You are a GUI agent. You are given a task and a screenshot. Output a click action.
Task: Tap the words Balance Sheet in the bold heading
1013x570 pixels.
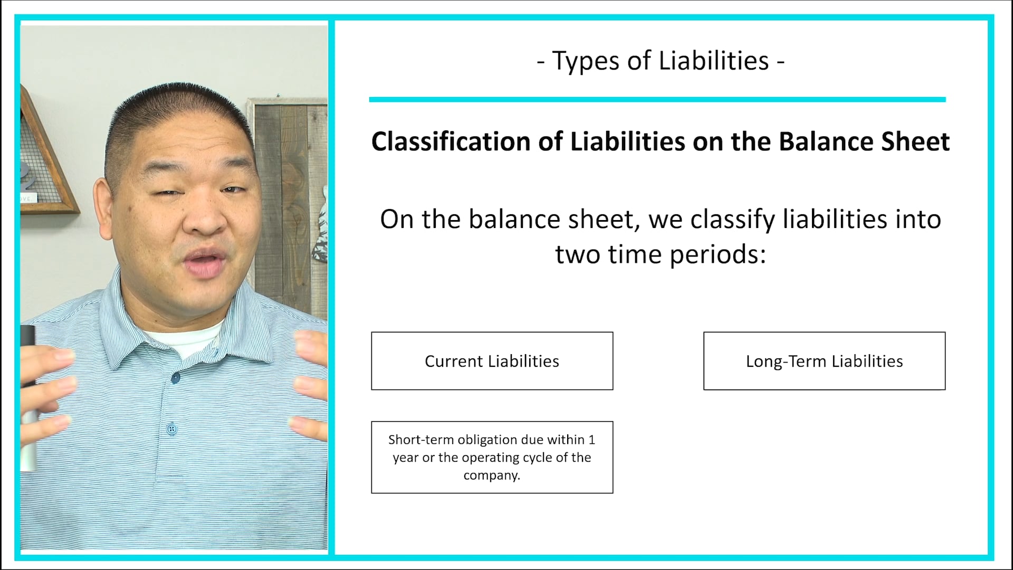(x=864, y=141)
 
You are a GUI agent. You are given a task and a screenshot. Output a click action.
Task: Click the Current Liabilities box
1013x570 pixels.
(x=492, y=361)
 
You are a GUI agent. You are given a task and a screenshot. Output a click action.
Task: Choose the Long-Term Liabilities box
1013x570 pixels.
(x=824, y=361)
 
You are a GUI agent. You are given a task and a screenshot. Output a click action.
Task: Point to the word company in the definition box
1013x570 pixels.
(x=491, y=475)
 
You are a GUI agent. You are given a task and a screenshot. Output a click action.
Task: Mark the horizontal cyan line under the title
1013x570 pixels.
(x=657, y=99)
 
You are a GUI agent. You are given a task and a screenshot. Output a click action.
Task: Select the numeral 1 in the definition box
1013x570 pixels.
(x=591, y=440)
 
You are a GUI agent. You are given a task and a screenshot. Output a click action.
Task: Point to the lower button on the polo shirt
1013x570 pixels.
(x=171, y=429)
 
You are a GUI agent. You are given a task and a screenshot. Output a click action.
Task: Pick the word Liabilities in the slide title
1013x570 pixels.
(x=713, y=61)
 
